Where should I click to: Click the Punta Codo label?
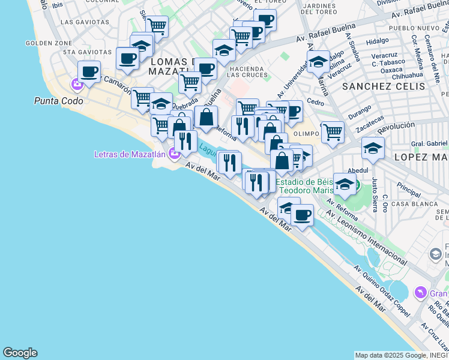pyautogui.click(x=59, y=101)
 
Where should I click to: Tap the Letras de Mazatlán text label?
pyautogui.click(x=130, y=154)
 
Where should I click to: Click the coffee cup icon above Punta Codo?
pyautogui.click(x=89, y=72)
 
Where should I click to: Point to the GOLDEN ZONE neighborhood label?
pyautogui.click(x=49, y=43)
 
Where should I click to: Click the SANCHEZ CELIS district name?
pyautogui.click(x=384, y=86)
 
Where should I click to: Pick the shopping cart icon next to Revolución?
pyautogui.click(x=332, y=131)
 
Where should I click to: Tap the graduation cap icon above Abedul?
pyautogui.click(x=373, y=149)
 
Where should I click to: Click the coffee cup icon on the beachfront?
pyautogui.click(x=301, y=214)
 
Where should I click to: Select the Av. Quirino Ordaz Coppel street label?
pyautogui.click(x=384, y=290)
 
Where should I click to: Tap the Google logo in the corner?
pyautogui.click(x=20, y=353)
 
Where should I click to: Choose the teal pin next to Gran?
pyautogui.click(x=420, y=293)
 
